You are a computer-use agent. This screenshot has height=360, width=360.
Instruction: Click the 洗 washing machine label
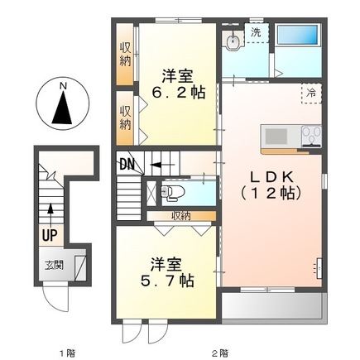coord(256,31)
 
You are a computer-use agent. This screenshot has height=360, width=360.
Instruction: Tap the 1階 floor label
coord(66,353)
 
